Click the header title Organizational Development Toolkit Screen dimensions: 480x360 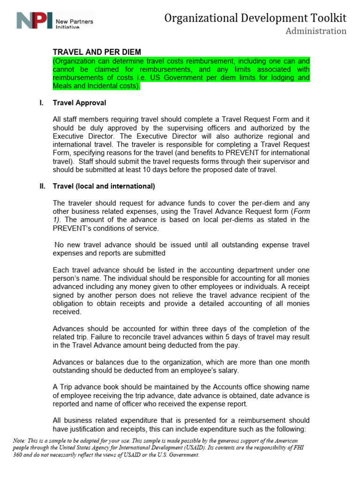pos(255,18)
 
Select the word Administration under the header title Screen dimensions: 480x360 pos(316,31)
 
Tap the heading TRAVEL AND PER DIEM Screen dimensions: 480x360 pos(97,52)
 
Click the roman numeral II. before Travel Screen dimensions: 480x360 pos(42,186)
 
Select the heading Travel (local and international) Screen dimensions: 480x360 pos(104,186)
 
